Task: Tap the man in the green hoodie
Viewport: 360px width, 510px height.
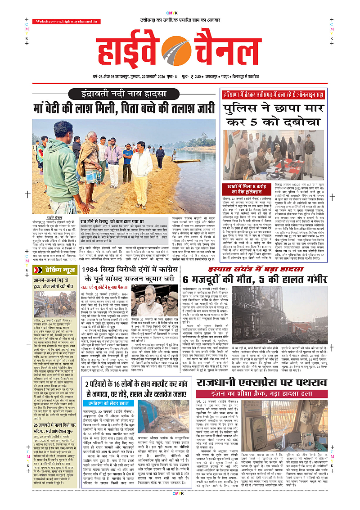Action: point(62,167)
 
